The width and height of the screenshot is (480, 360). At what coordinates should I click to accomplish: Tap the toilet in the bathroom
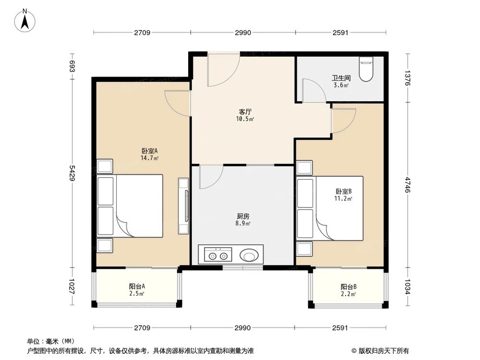(367, 70)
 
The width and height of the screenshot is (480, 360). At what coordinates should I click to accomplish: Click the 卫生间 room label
(341, 77)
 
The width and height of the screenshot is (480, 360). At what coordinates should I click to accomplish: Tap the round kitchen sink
(250, 254)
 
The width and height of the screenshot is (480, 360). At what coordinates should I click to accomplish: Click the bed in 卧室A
(131, 206)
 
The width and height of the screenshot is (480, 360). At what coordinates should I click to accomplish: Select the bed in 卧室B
(330, 208)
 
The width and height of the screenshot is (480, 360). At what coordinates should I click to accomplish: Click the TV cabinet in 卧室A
(184, 206)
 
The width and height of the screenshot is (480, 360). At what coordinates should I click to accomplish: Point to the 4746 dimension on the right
(408, 185)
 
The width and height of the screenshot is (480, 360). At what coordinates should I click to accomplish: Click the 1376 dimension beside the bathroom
(408, 78)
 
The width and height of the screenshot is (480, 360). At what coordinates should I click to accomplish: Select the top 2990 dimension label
(243, 33)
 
